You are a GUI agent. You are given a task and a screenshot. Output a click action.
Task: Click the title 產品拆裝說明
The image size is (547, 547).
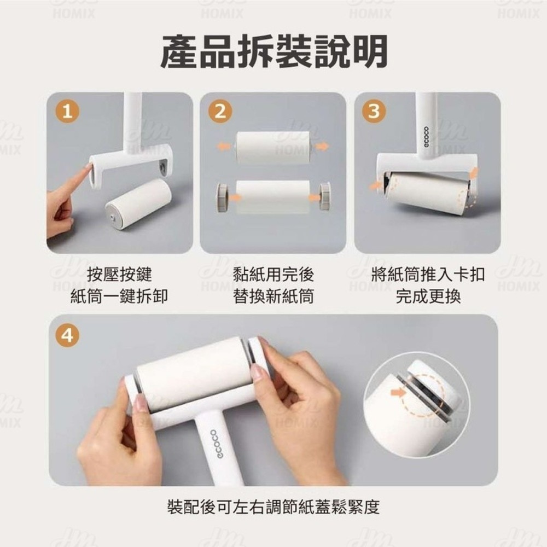pos(273,52)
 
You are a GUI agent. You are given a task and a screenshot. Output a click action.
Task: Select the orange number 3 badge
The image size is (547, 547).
pos(374,112)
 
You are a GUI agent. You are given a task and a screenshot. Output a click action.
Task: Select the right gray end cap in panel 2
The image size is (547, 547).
pos(324,195)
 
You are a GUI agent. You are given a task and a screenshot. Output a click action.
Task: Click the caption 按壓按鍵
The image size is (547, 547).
pos(119,275)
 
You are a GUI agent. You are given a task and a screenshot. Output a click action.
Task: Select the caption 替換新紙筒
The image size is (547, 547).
pos(273,296)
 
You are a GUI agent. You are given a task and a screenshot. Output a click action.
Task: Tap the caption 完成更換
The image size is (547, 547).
pos(428,296)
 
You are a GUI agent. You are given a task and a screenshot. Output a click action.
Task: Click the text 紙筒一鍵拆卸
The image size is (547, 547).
pos(119,296)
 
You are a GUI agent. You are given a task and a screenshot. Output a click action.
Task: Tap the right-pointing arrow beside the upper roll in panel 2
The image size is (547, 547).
pos(323,146)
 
